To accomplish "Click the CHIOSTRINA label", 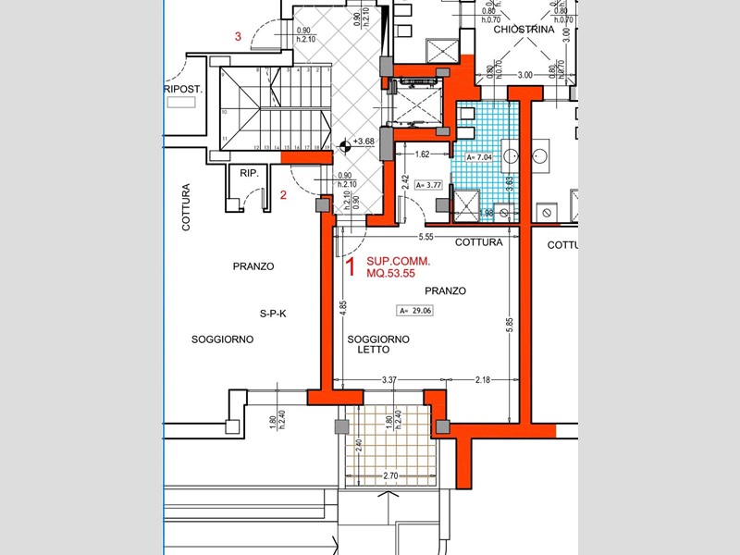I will coord(524,30).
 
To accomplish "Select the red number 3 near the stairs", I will coord(239,37).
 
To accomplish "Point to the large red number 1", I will coord(351,267).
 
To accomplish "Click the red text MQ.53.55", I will coord(392,275).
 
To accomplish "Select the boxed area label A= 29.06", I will coord(414,311).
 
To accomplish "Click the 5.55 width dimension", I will coord(426,237).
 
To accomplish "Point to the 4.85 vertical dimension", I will coord(342,309).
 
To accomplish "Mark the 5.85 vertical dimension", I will coord(510,326).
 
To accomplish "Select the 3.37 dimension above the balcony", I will coord(389,380).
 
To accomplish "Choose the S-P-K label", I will coord(273,314).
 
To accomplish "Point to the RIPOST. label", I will coord(182,90).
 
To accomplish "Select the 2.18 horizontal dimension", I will coord(482,380).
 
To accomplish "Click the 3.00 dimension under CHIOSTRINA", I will coord(525,75).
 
